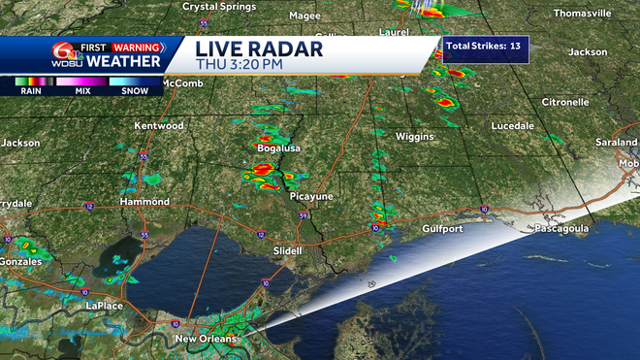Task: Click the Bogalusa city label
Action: [277, 148]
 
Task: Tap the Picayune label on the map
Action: [311, 196]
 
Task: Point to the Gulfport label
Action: [443, 229]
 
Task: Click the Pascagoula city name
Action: [562, 229]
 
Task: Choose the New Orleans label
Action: [206, 339]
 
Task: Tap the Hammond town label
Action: [144, 202]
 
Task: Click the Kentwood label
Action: [159, 126]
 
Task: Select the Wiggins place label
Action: [414, 137]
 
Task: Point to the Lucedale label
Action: [513, 127]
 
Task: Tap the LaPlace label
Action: [105, 306]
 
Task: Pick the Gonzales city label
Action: [21, 262]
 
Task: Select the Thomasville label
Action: [583, 14]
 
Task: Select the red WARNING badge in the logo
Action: [136, 47]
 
